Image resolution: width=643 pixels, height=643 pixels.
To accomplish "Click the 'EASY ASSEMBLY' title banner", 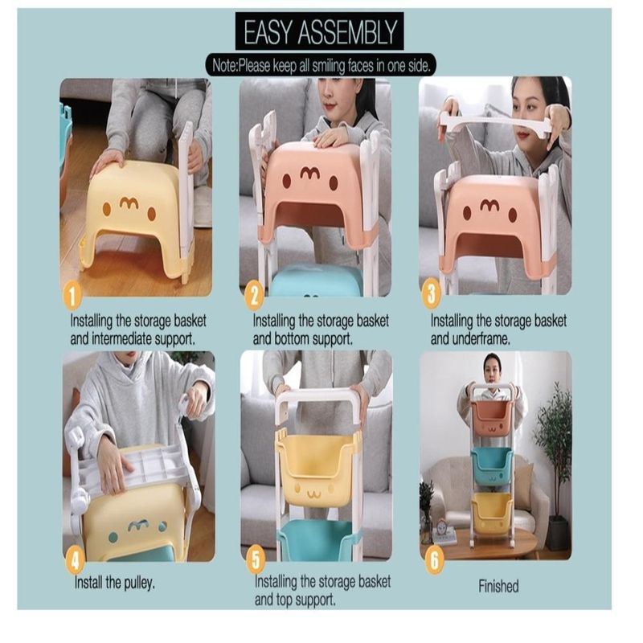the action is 319,31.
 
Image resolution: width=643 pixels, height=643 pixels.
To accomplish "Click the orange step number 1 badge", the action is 72,296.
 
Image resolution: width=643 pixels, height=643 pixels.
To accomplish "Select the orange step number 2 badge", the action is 254,296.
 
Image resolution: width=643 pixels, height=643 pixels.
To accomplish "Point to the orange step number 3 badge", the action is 431,293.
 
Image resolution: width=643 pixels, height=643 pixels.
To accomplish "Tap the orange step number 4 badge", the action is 75,560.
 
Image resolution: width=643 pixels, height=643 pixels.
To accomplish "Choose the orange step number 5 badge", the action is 256,559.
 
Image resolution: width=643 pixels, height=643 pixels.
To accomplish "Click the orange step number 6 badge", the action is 434,559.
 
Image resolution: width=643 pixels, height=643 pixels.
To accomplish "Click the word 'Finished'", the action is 498,586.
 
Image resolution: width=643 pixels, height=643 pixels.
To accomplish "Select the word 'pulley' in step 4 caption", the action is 133,583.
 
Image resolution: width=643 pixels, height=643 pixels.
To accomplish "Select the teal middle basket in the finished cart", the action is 492,467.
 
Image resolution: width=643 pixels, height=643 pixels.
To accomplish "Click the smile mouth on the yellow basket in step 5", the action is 314,494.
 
